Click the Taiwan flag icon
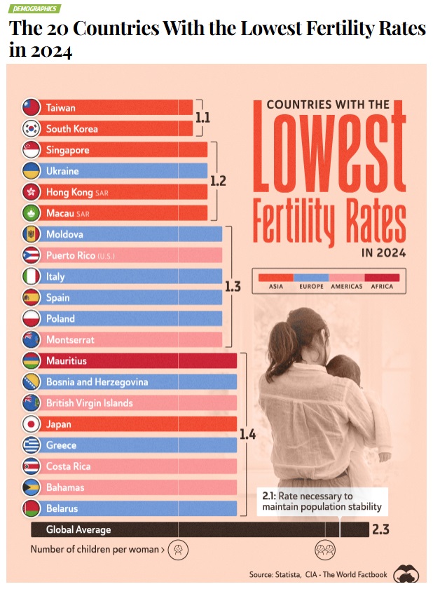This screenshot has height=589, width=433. coord(32,108)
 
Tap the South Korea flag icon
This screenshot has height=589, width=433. coord(32,129)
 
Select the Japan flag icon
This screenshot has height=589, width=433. coord(32,424)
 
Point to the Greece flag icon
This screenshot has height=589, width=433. coord(32,445)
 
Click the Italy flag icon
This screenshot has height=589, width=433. coord(32,276)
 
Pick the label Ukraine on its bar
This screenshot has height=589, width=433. coord(62,171)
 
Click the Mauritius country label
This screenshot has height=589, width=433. coord(67,361)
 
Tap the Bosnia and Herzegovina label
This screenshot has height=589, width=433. coord(97,382)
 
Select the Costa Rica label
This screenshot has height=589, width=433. coord(68,466)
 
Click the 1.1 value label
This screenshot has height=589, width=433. coord(202,118)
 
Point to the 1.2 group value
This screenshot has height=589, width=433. coord(218,181)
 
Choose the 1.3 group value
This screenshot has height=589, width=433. coord(233,287)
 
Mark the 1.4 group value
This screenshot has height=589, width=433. coord(247,435)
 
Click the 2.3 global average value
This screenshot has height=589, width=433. coord(380,530)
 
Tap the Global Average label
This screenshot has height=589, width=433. coord(78,530)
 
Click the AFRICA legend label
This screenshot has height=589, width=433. coord(382,286)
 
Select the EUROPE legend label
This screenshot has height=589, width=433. coord(311,286)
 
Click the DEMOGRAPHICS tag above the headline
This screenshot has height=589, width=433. coord(35,8)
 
